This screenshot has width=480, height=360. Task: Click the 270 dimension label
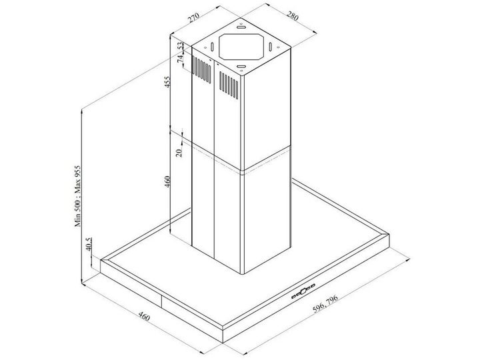(x=194, y=17)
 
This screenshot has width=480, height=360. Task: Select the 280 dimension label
(x=292, y=16)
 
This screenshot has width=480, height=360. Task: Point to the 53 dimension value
(x=181, y=46)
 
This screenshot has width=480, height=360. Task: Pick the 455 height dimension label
(x=167, y=82)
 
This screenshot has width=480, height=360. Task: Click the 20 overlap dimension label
(x=180, y=151)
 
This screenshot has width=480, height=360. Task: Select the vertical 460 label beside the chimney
(x=167, y=182)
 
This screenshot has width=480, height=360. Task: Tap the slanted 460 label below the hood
(x=144, y=316)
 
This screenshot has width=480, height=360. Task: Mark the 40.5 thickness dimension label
(x=89, y=244)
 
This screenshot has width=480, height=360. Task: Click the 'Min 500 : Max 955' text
(x=78, y=196)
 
